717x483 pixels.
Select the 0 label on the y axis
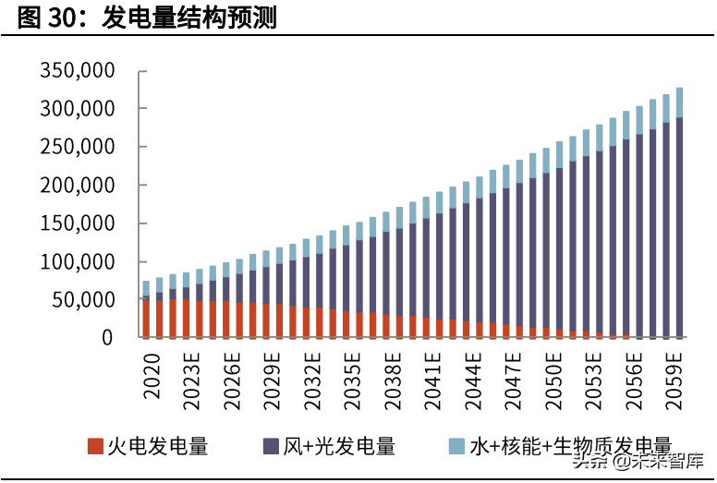pyautogui.click(x=107, y=338)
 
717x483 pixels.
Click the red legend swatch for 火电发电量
pyautogui.click(x=95, y=447)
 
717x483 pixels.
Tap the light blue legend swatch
pyautogui.click(x=456, y=447)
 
